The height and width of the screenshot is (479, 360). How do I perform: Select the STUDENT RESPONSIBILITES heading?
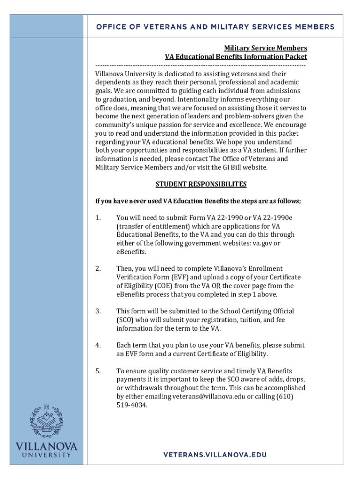tap(201, 184)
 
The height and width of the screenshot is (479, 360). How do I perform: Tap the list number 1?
tap(98, 218)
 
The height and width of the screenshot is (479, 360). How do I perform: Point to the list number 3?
tap(98, 312)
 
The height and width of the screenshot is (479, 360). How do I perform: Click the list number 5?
tap(98, 371)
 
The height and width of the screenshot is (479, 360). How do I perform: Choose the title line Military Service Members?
tap(266, 48)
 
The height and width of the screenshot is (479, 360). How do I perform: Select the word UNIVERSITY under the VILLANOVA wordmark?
tap(46, 455)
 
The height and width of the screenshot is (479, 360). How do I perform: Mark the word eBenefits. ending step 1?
tap(131, 252)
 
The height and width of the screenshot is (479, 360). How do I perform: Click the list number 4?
tap(98, 346)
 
